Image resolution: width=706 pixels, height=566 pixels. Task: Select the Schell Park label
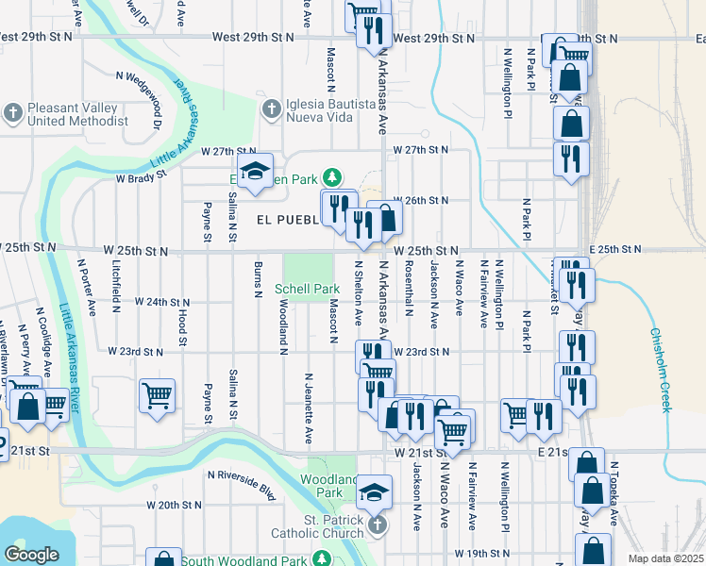pyautogui.click(x=307, y=289)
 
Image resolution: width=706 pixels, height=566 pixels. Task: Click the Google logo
pyautogui.click(x=31, y=555)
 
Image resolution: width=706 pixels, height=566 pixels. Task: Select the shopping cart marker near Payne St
pyautogui.click(x=157, y=394)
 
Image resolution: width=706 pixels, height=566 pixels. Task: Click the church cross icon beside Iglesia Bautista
pyautogui.click(x=270, y=108)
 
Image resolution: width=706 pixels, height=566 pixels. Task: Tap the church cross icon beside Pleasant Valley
pyautogui.click(x=12, y=114)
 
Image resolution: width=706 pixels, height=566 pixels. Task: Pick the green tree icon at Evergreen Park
pyautogui.click(x=331, y=176)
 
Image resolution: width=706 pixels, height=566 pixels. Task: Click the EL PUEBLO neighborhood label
pyautogui.click(x=288, y=219)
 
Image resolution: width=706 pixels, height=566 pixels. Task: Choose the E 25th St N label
pyautogui.click(x=614, y=249)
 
